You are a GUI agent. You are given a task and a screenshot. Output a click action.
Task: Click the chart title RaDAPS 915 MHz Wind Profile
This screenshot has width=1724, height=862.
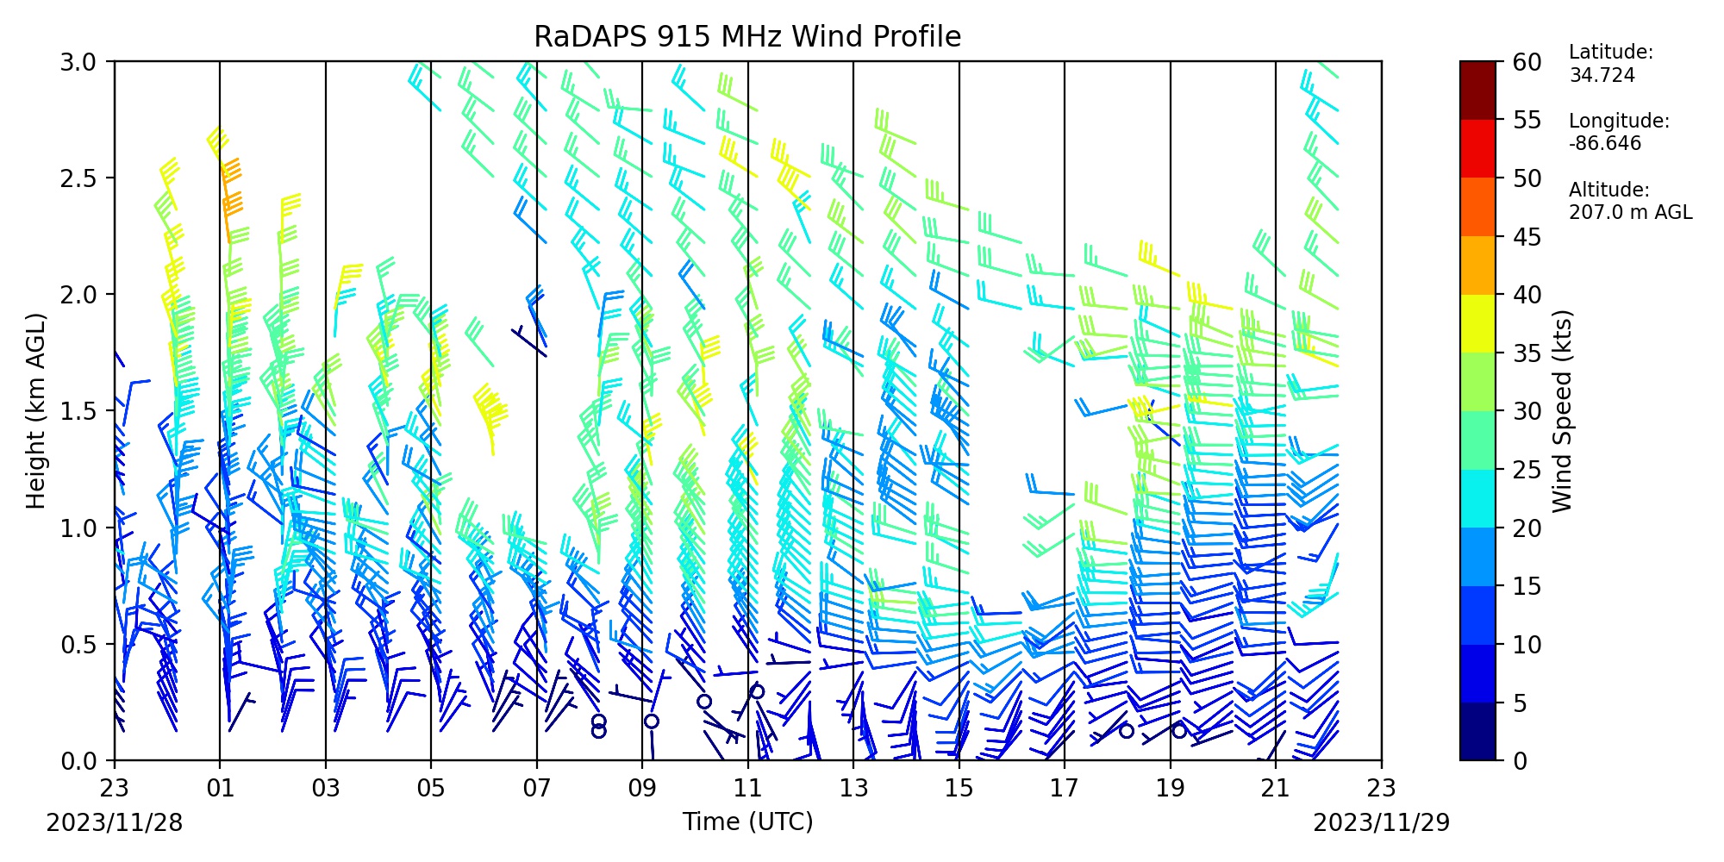(x=747, y=36)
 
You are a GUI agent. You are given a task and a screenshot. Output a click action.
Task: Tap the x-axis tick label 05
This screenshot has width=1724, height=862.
(x=431, y=789)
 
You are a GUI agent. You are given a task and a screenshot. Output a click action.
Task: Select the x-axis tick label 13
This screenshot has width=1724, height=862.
(x=853, y=789)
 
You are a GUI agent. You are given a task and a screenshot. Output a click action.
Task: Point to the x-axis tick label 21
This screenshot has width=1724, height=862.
(x=1276, y=789)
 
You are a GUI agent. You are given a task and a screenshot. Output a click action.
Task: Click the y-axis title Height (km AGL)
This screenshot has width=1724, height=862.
(x=35, y=411)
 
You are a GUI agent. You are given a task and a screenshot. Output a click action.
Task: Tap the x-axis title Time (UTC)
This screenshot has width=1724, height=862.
(x=747, y=821)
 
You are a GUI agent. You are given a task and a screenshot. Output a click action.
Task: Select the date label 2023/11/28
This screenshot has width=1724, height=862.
(x=115, y=823)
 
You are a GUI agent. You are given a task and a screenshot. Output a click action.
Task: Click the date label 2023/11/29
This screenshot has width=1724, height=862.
(x=1382, y=823)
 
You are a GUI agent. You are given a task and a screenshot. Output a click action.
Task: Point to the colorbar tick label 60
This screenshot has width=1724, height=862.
(x=1527, y=62)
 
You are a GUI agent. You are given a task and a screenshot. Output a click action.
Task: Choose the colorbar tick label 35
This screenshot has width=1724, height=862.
(x=1527, y=353)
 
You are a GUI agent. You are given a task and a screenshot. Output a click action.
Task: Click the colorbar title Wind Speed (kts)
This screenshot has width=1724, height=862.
(x=1563, y=411)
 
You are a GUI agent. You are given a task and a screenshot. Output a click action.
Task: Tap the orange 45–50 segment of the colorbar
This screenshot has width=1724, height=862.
(x=1477, y=207)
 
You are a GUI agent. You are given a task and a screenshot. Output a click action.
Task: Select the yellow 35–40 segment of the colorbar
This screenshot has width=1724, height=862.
(x=1477, y=324)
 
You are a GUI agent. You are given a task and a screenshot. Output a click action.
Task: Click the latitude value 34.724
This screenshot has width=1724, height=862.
(x=1602, y=75)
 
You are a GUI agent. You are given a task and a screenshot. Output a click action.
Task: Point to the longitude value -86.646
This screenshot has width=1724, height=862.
(x=1605, y=144)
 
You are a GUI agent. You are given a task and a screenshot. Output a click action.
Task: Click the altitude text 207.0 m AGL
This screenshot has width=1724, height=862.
(x=1631, y=213)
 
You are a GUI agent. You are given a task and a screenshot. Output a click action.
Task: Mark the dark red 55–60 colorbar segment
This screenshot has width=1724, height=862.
(x=1477, y=91)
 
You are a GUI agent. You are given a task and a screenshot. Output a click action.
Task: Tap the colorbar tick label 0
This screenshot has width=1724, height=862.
(x=1520, y=761)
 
